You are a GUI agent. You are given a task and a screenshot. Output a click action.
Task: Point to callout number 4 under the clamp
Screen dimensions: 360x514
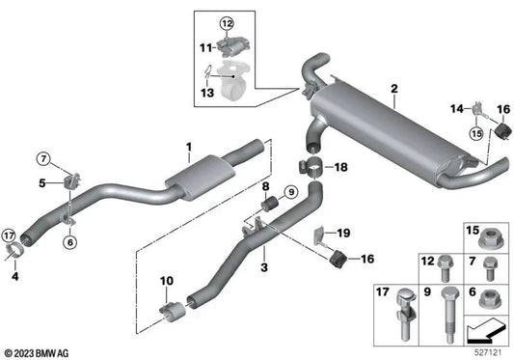tap(14, 276)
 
